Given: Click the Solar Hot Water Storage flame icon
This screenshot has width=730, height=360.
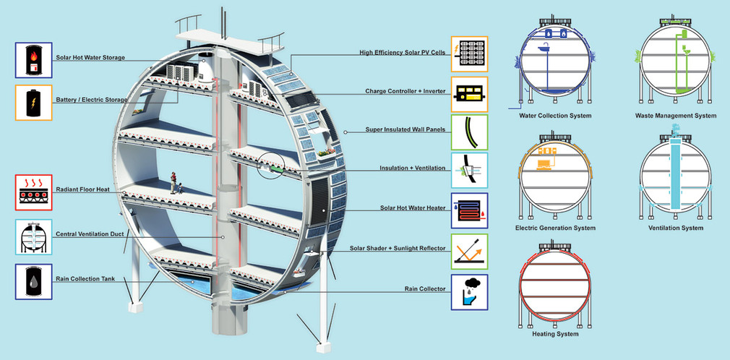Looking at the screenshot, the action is coord(33,59).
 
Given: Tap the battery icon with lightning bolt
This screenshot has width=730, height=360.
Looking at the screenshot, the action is coord(33,103).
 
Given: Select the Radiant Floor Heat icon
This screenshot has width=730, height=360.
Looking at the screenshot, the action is coord(33,192).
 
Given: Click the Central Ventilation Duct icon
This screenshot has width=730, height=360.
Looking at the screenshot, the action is coord(33,237).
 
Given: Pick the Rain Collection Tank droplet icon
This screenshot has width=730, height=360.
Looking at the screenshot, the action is coord(33,282).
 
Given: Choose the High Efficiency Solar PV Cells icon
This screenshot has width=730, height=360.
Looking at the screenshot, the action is coord(470,53).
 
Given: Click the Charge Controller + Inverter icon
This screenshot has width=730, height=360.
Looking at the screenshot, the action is coord(470,94).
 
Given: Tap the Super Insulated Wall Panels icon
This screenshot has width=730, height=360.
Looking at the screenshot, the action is coord(470,132).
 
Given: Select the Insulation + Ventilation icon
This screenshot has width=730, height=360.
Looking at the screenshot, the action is coord(470,171).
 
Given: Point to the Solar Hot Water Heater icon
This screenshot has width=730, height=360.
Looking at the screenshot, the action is coord(470,210).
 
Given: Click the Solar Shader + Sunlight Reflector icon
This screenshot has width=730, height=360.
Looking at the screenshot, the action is coord(470,252).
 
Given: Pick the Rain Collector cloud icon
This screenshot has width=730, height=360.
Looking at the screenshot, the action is coord(470,292).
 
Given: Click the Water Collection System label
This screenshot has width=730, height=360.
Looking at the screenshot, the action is coord(555,116).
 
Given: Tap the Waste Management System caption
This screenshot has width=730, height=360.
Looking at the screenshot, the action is coord(676,116).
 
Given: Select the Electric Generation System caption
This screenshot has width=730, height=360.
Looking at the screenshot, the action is coord(555,228).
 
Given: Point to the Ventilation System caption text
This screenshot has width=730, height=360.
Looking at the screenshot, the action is coord(676,228).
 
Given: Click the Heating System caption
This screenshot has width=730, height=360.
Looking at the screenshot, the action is coord(555,334).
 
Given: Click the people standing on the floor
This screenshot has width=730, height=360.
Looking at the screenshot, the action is coord(176,183).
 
